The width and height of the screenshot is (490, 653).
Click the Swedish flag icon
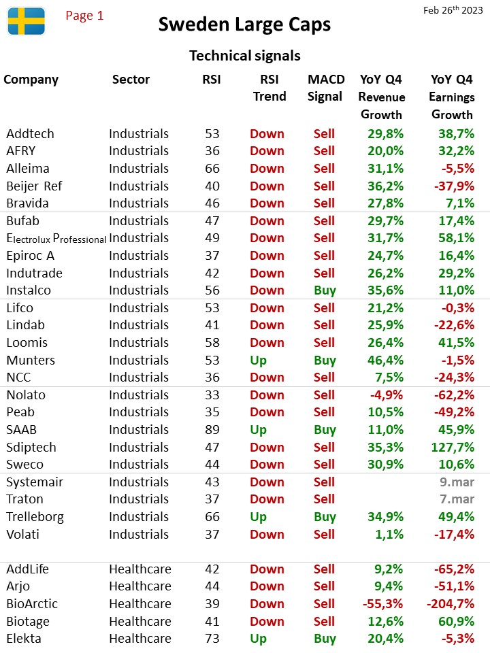(27, 21)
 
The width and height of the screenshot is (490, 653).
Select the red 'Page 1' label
(84, 16)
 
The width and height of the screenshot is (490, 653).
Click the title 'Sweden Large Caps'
(244, 24)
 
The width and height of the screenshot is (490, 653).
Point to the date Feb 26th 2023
(453, 10)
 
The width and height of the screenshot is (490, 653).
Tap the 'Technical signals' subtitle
(245, 55)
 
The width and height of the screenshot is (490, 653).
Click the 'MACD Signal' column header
(326, 88)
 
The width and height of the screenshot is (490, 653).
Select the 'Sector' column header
(131, 79)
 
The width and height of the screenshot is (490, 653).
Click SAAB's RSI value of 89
(212, 429)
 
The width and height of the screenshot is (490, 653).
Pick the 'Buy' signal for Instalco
(325, 290)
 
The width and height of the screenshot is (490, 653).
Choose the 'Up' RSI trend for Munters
(259, 361)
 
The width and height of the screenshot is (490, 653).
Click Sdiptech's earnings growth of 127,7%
(453, 448)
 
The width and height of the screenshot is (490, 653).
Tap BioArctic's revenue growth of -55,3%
(383, 603)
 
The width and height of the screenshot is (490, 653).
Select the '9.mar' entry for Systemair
(457, 482)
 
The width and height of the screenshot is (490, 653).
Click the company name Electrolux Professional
(56, 238)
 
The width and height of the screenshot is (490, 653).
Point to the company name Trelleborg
(35, 517)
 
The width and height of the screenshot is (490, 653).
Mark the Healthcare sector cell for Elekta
(140, 639)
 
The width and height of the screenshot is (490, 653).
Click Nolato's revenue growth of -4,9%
(387, 395)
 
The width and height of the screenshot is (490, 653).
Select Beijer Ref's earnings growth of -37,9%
(454, 186)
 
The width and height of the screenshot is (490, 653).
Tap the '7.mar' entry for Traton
(457, 499)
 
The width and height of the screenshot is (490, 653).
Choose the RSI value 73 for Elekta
(212, 639)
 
